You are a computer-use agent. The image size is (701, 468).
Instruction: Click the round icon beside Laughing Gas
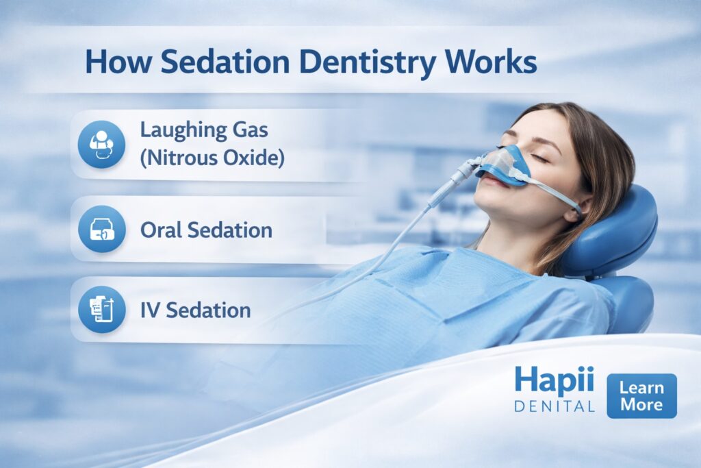pos(101,145)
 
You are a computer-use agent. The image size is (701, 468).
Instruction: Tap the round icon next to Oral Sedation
pos(101,229)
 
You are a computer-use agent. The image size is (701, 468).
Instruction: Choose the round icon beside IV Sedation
pos(101,310)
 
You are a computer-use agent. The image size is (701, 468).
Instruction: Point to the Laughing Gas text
pos(204,131)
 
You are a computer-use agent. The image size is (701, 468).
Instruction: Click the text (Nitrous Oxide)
pos(212,158)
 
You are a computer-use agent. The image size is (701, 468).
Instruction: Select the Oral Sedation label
pos(206,230)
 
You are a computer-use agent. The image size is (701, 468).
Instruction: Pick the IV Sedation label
pos(195,310)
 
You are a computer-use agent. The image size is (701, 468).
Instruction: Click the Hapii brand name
pos(555,381)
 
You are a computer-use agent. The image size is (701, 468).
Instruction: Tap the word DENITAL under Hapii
pos(555,406)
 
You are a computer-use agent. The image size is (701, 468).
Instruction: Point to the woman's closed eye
pos(539,158)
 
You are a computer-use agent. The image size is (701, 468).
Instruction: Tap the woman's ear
pos(574,211)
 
